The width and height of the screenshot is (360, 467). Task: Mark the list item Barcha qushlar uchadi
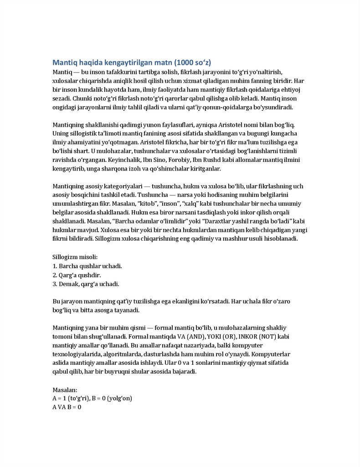click(90, 266)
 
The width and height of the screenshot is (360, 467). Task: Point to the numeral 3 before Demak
click(54, 284)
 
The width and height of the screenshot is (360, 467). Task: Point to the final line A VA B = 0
click(67, 407)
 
